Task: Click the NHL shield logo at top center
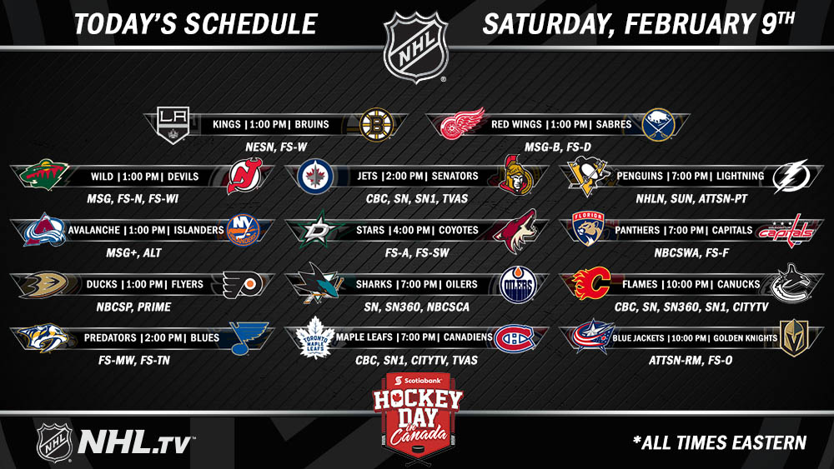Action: coord(416,47)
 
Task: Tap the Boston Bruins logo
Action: coord(376,125)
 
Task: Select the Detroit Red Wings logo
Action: coord(462,124)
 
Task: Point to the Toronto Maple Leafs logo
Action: coord(314,337)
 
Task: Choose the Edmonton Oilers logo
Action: coord(518,285)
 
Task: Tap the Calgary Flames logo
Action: coord(591,283)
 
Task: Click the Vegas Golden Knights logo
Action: coord(794,338)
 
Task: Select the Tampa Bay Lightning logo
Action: coord(791,177)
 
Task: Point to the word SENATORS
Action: coord(455,177)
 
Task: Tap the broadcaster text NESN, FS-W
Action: coord(276,147)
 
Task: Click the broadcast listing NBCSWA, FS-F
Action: coord(691,253)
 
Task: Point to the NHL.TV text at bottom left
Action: coord(135,442)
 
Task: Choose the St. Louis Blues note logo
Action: coord(248,338)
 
